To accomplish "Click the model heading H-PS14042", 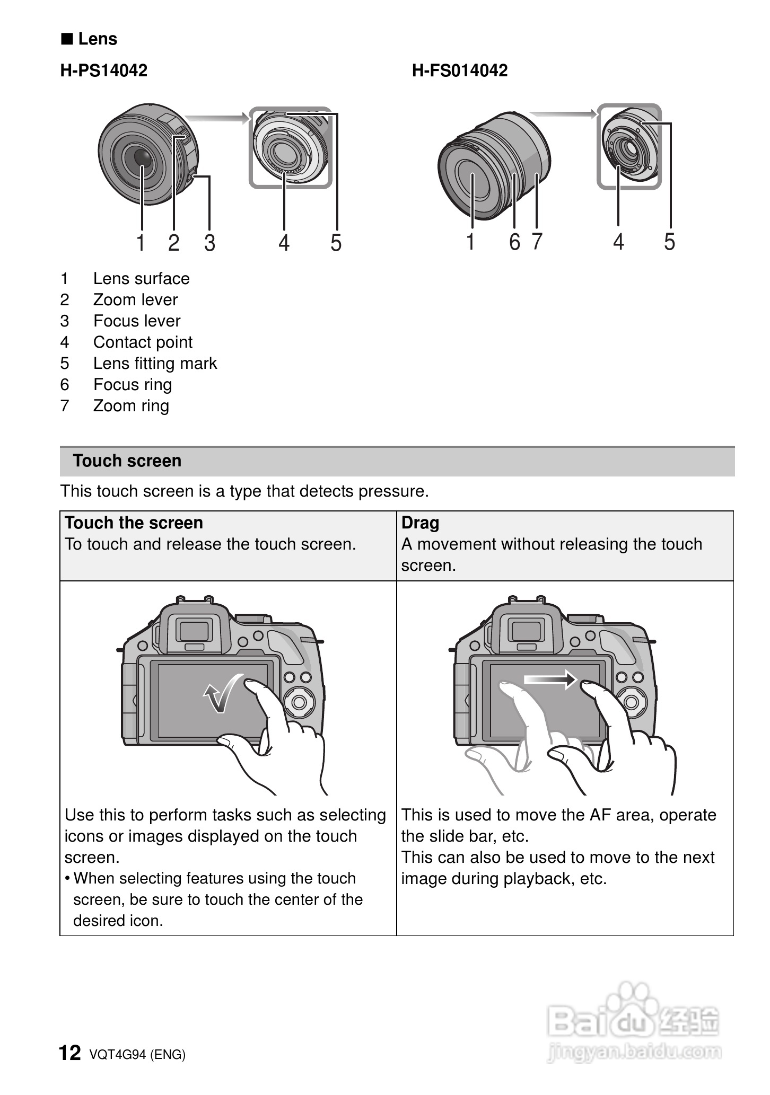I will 103,70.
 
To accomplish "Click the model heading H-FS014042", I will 459,70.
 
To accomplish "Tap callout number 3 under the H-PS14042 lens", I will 210,243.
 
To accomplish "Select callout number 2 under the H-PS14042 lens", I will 174,243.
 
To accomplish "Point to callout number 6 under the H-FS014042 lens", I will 514,242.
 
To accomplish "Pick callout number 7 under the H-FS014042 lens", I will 537,242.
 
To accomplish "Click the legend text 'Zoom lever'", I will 135,299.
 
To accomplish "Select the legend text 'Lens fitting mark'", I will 155,363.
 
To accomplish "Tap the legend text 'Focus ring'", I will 133,384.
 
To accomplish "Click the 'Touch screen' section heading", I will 127,461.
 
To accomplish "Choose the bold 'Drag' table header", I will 420,523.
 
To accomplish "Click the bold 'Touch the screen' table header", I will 134,523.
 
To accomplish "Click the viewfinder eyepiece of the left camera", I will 194,631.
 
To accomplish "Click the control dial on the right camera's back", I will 631,702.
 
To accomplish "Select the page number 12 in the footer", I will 69,1053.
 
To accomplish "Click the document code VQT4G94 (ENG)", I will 137,1054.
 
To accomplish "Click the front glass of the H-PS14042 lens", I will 142,157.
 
